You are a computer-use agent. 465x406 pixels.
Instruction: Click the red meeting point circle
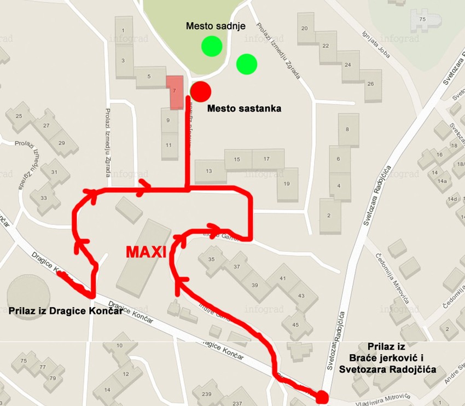click(201, 90)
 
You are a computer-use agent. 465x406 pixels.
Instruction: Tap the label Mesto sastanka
click(245, 109)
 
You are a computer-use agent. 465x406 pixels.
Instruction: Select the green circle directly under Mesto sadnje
click(211, 46)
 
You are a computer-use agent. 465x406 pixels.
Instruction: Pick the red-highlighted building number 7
click(175, 91)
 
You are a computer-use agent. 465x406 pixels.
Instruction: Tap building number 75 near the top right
click(422, 20)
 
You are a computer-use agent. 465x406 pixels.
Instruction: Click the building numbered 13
click(209, 171)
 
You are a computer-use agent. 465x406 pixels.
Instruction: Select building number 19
click(287, 183)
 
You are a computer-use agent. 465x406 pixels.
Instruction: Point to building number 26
click(370, 84)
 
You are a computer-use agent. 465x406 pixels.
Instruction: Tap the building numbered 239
click(206, 395)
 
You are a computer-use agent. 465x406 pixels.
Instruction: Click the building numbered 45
click(295, 324)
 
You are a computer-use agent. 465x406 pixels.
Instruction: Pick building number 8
click(348, 129)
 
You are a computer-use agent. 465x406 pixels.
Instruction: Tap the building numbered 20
click(305, 28)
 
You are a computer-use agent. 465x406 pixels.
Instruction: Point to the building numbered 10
click(120, 346)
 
